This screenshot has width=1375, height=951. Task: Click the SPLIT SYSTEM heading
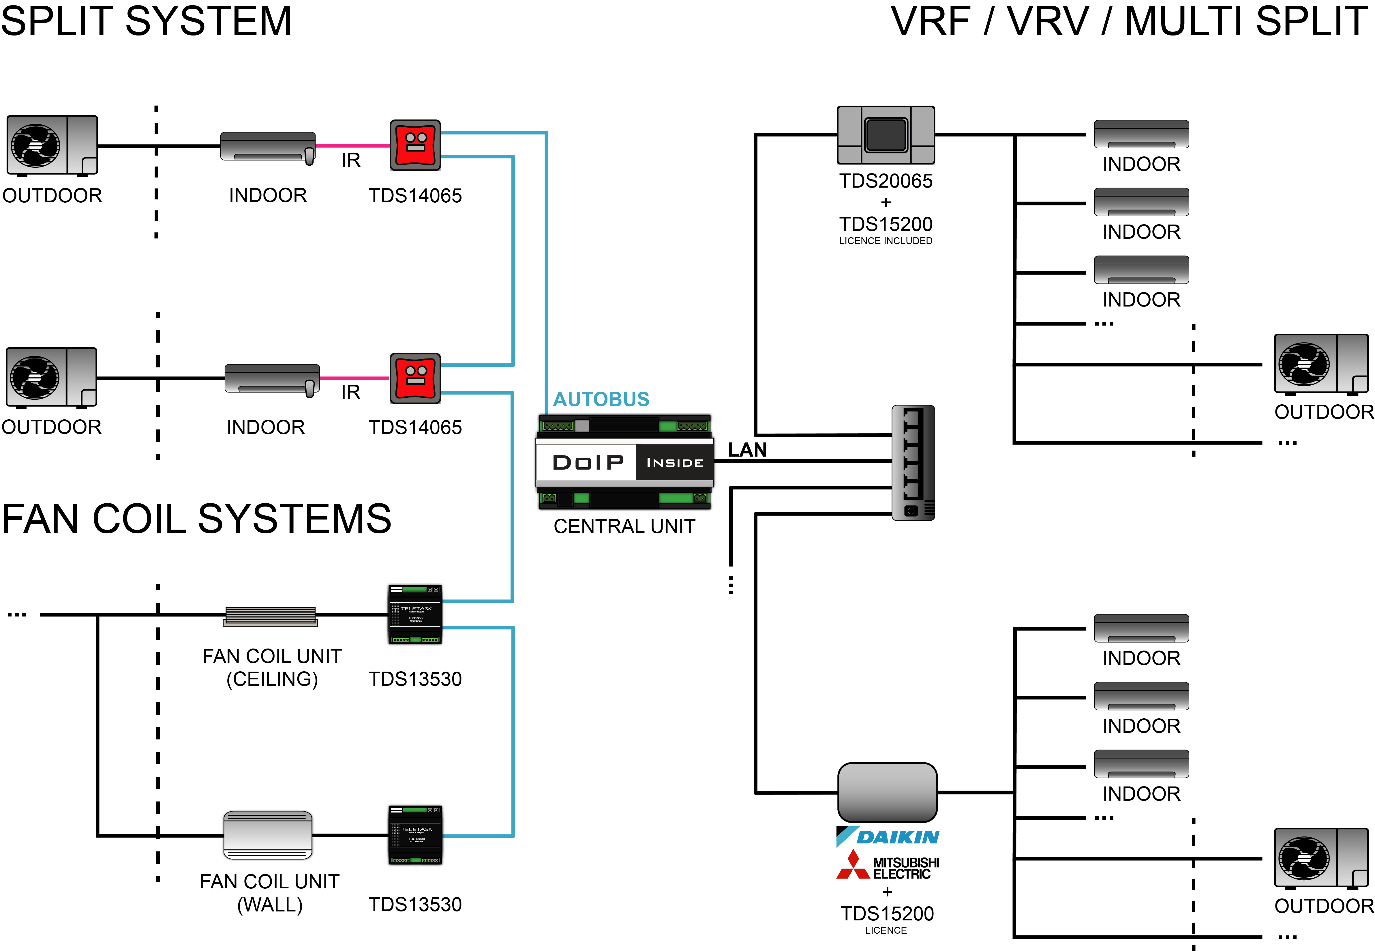[146, 21]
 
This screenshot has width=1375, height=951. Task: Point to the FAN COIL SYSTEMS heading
[196, 518]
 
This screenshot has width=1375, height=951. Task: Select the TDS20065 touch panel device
[886, 135]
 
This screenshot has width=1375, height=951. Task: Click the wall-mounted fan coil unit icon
[268, 835]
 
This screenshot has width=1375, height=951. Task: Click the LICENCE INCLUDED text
[886, 241]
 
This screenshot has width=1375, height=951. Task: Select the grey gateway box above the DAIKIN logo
[887, 792]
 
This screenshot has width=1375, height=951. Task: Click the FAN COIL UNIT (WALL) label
[270, 893]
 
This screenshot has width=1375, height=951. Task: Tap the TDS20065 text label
[886, 181]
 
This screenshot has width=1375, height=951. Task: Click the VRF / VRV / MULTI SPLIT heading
[1128, 21]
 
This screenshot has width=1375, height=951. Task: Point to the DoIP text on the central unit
[588, 462]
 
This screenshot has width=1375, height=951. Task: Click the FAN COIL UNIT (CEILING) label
[272, 667]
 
